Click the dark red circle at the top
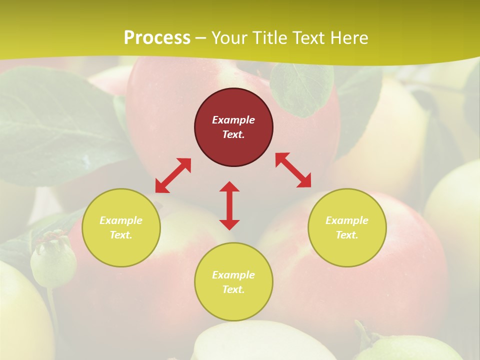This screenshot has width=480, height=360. click(x=233, y=127)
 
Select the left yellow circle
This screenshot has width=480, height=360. click(x=121, y=227)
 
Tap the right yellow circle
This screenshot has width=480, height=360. click(x=347, y=227)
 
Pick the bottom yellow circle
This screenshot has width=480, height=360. click(x=233, y=282)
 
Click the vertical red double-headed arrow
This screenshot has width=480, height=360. click(x=229, y=205)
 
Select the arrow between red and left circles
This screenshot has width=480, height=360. click(x=173, y=175)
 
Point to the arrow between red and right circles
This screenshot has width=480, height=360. click(x=293, y=170)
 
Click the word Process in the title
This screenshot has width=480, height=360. click(x=157, y=38)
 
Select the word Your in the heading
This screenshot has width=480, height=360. click(x=229, y=38)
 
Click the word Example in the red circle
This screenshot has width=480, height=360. click(x=233, y=120)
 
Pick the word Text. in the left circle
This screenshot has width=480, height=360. click(x=121, y=235)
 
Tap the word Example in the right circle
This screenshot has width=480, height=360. click(x=347, y=220)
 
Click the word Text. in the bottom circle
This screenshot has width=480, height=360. click(x=233, y=289)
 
